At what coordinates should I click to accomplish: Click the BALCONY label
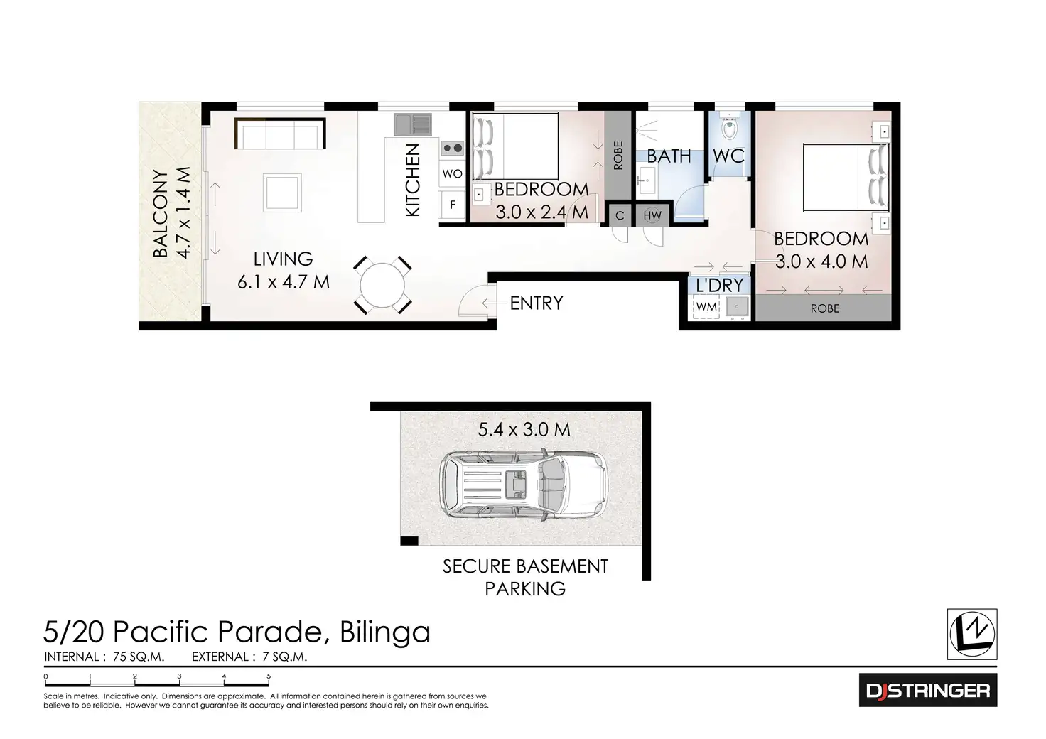tap(161, 213)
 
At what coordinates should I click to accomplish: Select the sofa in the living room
tap(280, 134)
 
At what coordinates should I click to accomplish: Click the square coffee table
tap(283, 193)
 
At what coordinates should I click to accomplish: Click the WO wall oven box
tap(452, 174)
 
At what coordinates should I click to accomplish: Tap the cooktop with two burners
tap(452, 149)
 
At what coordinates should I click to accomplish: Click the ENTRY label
tap(537, 303)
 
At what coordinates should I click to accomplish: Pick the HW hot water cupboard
tap(652, 215)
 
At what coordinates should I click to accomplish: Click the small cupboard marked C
tap(619, 215)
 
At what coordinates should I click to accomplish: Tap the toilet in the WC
tap(729, 128)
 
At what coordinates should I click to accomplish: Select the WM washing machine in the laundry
tap(706, 307)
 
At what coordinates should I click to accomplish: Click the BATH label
tap(669, 156)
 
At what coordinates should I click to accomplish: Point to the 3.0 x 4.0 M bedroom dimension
tap(821, 261)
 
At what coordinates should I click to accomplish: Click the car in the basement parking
tap(523, 485)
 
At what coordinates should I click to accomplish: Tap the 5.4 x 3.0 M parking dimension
tap(524, 430)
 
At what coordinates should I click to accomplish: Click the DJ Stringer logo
tap(927, 690)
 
